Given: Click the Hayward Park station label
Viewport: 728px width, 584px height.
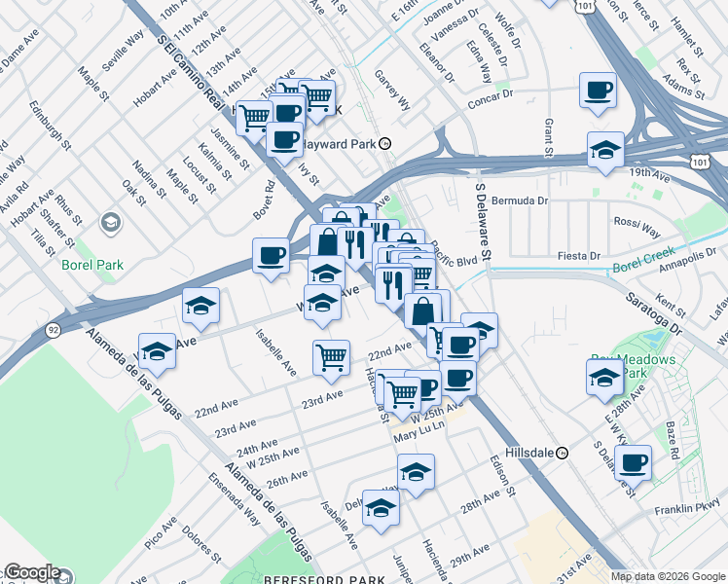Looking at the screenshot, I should pyautogui.click(x=337, y=142).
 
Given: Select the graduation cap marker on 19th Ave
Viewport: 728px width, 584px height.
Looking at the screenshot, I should pyautogui.click(x=605, y=150).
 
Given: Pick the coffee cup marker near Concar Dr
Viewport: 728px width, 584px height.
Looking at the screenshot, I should pyautogui.click(x=597, y=91).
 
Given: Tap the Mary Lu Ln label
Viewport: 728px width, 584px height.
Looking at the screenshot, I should pyautogui.click(x=419, y=437).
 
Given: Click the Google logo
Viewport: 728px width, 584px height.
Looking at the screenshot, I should pyautogui.click(x=32, y=573).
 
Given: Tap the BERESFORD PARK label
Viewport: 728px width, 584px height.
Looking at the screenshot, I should pyautogui.click(x=320, y=578).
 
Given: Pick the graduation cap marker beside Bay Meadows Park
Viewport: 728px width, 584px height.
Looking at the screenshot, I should pyautogui.click(x=603, y=377).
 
